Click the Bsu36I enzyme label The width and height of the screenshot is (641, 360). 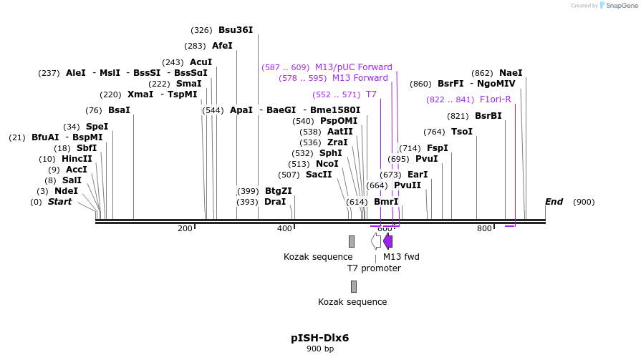(236, 30)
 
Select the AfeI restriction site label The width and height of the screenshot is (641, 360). (222, 46)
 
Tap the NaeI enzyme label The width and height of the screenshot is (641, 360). (511, 73)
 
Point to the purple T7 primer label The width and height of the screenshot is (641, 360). (371, 94)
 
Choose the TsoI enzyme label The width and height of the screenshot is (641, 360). (462, 132)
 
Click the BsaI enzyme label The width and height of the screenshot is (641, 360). (119, 110)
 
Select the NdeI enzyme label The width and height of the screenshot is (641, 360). (66, 191)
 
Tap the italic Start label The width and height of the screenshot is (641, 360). (60, 202)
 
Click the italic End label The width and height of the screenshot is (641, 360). (554, 202)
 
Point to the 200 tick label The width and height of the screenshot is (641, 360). (185, 228)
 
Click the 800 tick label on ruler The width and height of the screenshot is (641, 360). (484, 228)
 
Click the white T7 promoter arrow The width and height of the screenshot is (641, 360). (376, 241)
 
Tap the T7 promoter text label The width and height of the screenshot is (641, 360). (374, 268)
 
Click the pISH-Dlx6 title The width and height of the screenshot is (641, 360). (319, 338)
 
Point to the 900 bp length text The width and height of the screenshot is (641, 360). (319, 349)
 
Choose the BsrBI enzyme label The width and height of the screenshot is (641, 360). (488, 116)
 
